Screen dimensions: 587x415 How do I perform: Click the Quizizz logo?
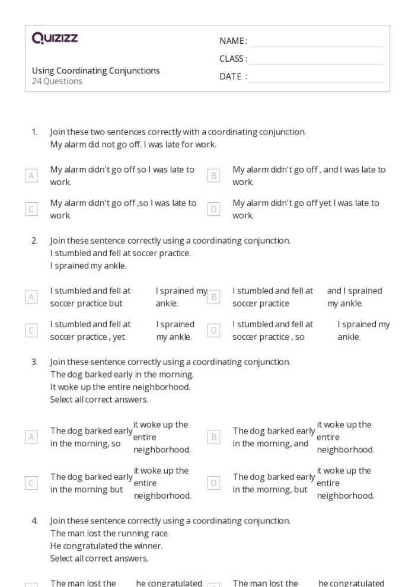pyautogui.click(x=55, y=39)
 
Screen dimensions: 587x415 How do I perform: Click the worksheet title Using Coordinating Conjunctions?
pyautogui.click(x=96, y=71)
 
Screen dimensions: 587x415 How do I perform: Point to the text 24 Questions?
pyautogui.click(x=58, y=81)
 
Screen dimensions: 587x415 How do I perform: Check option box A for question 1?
pyautogui.click(x=31, y=176)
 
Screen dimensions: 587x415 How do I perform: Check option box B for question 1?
pyautogui.click(x=214, y=176)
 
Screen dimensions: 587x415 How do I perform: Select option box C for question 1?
pyautogui.click(x=31, y=209)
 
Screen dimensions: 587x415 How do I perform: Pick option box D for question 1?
pyautogui.click(x=214, y=209)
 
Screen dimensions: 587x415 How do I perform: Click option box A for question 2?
pyautogui.click(x=31, y=297)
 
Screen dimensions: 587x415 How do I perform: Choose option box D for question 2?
pyautogui.click(x=214, y=331)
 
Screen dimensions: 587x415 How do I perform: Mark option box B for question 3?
pyautogui.click(x=214, y=437)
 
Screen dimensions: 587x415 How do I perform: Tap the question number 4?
pyautogui.click(x=34, y=521)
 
